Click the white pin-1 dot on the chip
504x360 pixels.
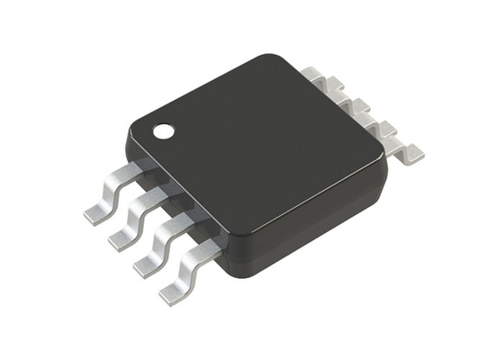[x=164, y=132]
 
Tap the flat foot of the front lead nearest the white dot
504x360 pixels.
[x=96, y=213]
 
